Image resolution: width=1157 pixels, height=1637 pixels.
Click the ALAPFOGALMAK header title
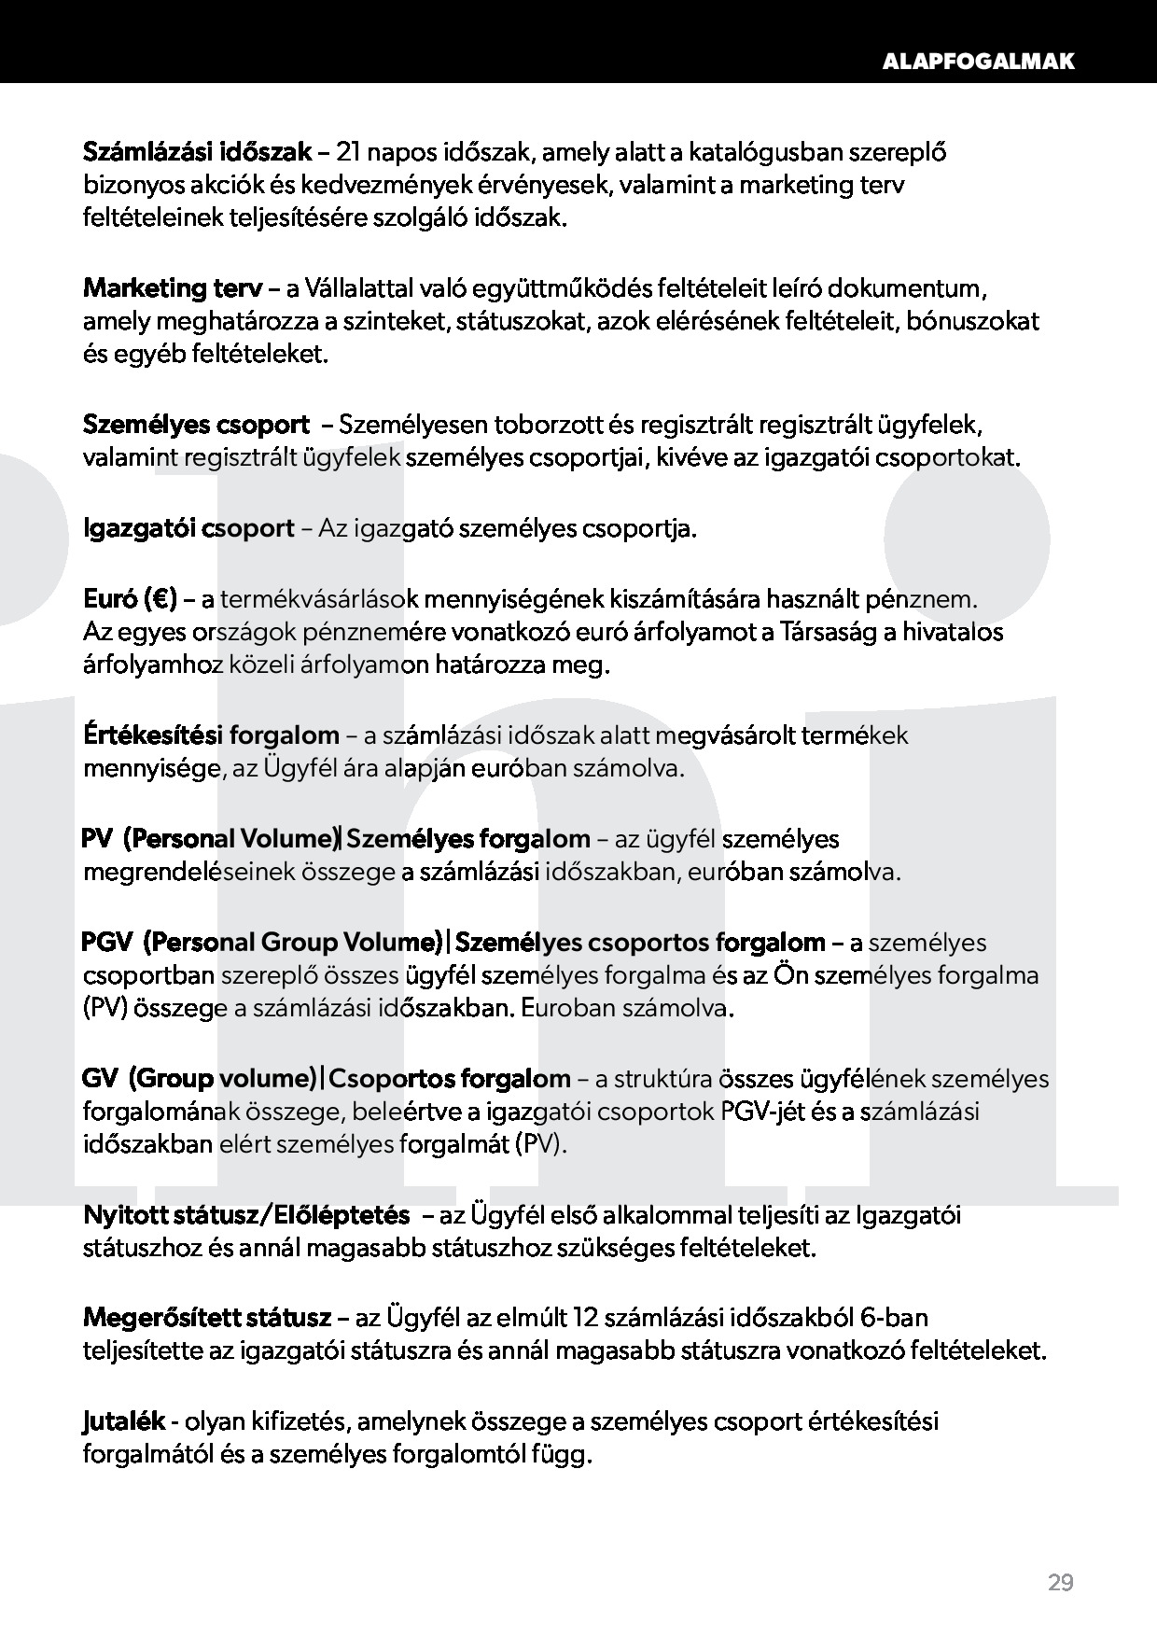(x=978, y=62)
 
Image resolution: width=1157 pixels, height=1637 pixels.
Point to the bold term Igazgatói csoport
(x=188, y=529)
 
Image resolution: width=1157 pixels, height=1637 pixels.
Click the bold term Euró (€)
(x=130, y=597)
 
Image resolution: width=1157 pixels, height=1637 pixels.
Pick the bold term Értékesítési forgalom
(x=212, y=735)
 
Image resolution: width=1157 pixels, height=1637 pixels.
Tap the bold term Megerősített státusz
(x=207, y=1318)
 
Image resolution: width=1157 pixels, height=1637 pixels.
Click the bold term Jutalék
(x=124, y=1421)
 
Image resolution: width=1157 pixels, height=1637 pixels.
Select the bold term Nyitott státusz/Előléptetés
(x=246, y=1215)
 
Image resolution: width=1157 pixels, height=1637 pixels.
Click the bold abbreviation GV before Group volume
(x=100, y=1079)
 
